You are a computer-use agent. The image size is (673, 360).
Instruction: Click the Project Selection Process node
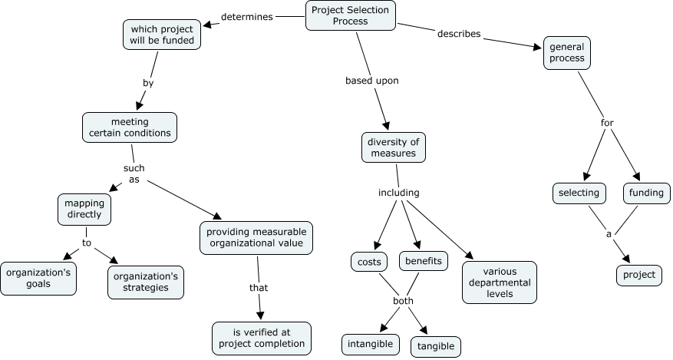click(351, 15)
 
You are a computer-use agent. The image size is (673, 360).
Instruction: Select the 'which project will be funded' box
click(162, 35)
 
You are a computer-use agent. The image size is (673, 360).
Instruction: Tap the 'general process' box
click(567, 51)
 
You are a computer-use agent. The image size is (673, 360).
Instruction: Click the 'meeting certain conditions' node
click(130, 127)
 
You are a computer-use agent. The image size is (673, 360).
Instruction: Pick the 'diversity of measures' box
click(393, 147)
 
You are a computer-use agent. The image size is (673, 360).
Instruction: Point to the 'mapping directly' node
click(84, 210)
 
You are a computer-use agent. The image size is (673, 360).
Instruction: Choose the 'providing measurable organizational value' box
click(258, 238)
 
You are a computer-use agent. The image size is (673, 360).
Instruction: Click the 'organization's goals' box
click(38, 278)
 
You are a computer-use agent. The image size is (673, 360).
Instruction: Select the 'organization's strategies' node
click(147, 282)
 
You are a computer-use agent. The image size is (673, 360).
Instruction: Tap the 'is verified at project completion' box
click(262, 338)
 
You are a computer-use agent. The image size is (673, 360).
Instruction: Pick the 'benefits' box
click(424, 261)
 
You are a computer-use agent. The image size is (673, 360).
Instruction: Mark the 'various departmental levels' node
click(500, 282)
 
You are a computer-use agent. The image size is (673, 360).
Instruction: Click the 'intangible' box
click(371, 344)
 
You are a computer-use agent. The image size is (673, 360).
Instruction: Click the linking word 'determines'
click(247, 17)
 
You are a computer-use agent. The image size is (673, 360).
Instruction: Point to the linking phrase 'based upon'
click(371, 80)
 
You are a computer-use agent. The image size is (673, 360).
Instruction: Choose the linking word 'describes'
click(459, 34)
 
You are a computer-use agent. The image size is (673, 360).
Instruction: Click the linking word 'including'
click(399, 193)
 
